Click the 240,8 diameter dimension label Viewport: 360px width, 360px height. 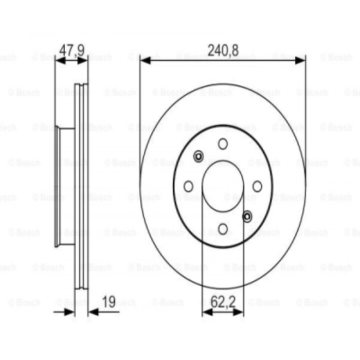click(x=223, y=50)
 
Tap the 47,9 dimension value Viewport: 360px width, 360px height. click(x=72, y=50)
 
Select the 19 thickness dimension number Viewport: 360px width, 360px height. click(x=109, y=302)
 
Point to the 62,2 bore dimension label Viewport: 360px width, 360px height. click(x=223, y=302)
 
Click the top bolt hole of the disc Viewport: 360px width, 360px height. click(x=223, y=144)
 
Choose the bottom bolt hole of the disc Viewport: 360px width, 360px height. click(x=223, y=229)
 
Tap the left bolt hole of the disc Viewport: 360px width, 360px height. click(x=189, y=186)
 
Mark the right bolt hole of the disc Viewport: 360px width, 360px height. click(x=257, y=186)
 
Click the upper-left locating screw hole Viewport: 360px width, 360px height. click(x=199, y=156)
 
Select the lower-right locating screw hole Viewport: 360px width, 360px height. click(x=247, y=217)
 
